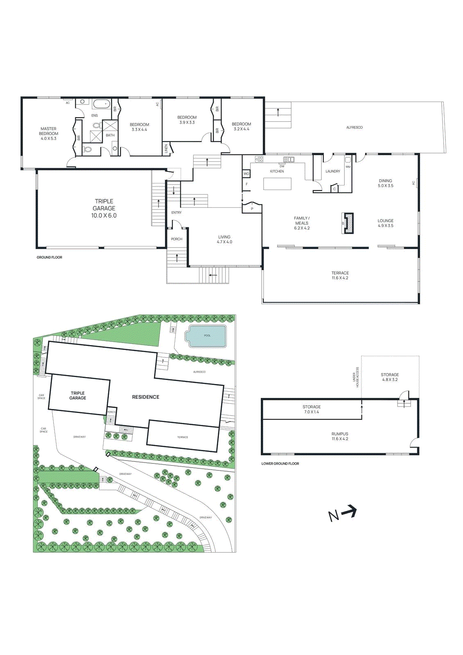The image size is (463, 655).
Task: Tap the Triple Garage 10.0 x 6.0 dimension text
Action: [104, 215]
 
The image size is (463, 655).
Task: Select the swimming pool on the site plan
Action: [206, 336]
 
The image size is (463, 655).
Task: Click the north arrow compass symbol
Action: [343, 513]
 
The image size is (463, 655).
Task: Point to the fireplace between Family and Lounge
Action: [348, 224]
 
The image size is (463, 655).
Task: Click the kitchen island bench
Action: [277, 184]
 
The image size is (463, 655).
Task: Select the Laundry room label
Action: [332, 172]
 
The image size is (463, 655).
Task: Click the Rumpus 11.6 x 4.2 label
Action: [340, 436]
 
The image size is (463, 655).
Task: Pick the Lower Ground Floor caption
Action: [280, 464]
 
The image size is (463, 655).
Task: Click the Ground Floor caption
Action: [49, 257]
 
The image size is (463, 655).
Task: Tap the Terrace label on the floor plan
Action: [340, 276]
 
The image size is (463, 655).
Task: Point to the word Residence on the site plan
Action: [145, 397]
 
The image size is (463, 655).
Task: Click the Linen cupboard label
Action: [166, 148]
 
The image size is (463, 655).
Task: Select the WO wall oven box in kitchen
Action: [246, 174]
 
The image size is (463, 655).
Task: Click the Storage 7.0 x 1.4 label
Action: [312, 409]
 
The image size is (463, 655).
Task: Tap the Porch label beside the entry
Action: [176, 239]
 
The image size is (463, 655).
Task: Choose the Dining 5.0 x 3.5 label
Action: [385, 183]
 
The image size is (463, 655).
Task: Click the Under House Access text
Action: [356, 377]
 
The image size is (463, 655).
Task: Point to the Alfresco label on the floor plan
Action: [354, 128]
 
